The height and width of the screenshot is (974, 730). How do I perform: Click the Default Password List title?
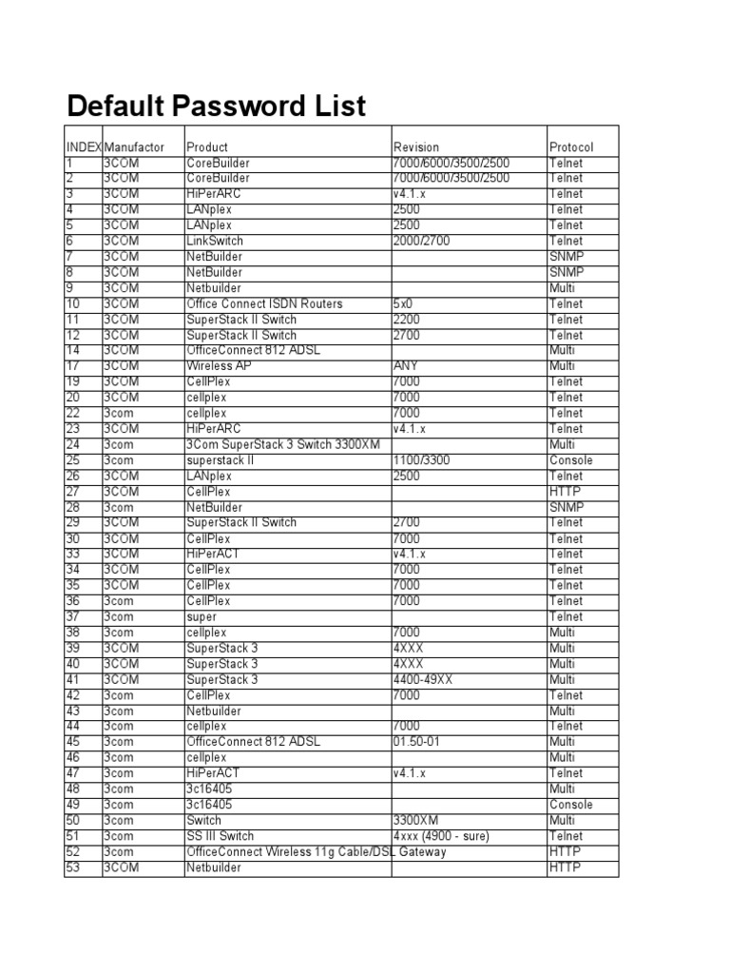tap(214, 106)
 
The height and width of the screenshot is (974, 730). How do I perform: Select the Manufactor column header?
tap(134, 147)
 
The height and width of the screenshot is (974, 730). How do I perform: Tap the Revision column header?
tap(416, 147)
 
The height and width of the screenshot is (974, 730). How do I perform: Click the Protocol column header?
tap(571, 147)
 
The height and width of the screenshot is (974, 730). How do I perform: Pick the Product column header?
tap(207, 147)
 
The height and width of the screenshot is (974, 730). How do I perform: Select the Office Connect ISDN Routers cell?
tap(265, 303)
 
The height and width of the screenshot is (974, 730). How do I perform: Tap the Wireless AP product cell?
tap(217, 366)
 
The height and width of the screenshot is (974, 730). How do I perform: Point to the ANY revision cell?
tap(406, 366)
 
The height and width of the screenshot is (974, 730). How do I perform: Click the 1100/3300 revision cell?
tap(421, 460)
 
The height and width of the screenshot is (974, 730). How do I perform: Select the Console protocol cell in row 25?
tap(570, 460)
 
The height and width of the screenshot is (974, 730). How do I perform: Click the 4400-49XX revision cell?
tap(430, 680)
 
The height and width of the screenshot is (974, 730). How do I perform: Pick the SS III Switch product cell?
tap(221, 836)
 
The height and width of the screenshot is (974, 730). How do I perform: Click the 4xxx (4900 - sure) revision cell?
tap(442, 836)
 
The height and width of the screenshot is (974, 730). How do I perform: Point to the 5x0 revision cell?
tap(405, 303)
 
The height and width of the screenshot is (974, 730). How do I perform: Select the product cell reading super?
tap(202, 617)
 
